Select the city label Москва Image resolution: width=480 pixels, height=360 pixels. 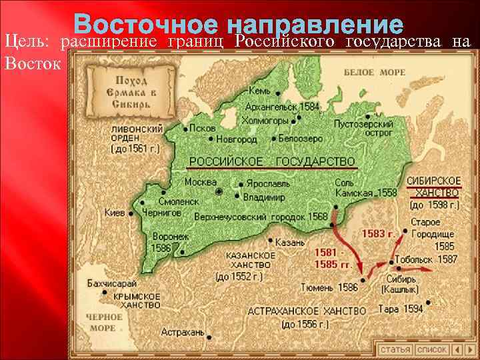coord(201,181)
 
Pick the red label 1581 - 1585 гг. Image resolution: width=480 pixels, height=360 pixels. coord(333,259)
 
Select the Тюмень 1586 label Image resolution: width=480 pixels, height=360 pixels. coord(329,287)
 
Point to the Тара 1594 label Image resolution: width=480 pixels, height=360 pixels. coord(400,309)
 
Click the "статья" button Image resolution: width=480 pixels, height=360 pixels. coord(395,349)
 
